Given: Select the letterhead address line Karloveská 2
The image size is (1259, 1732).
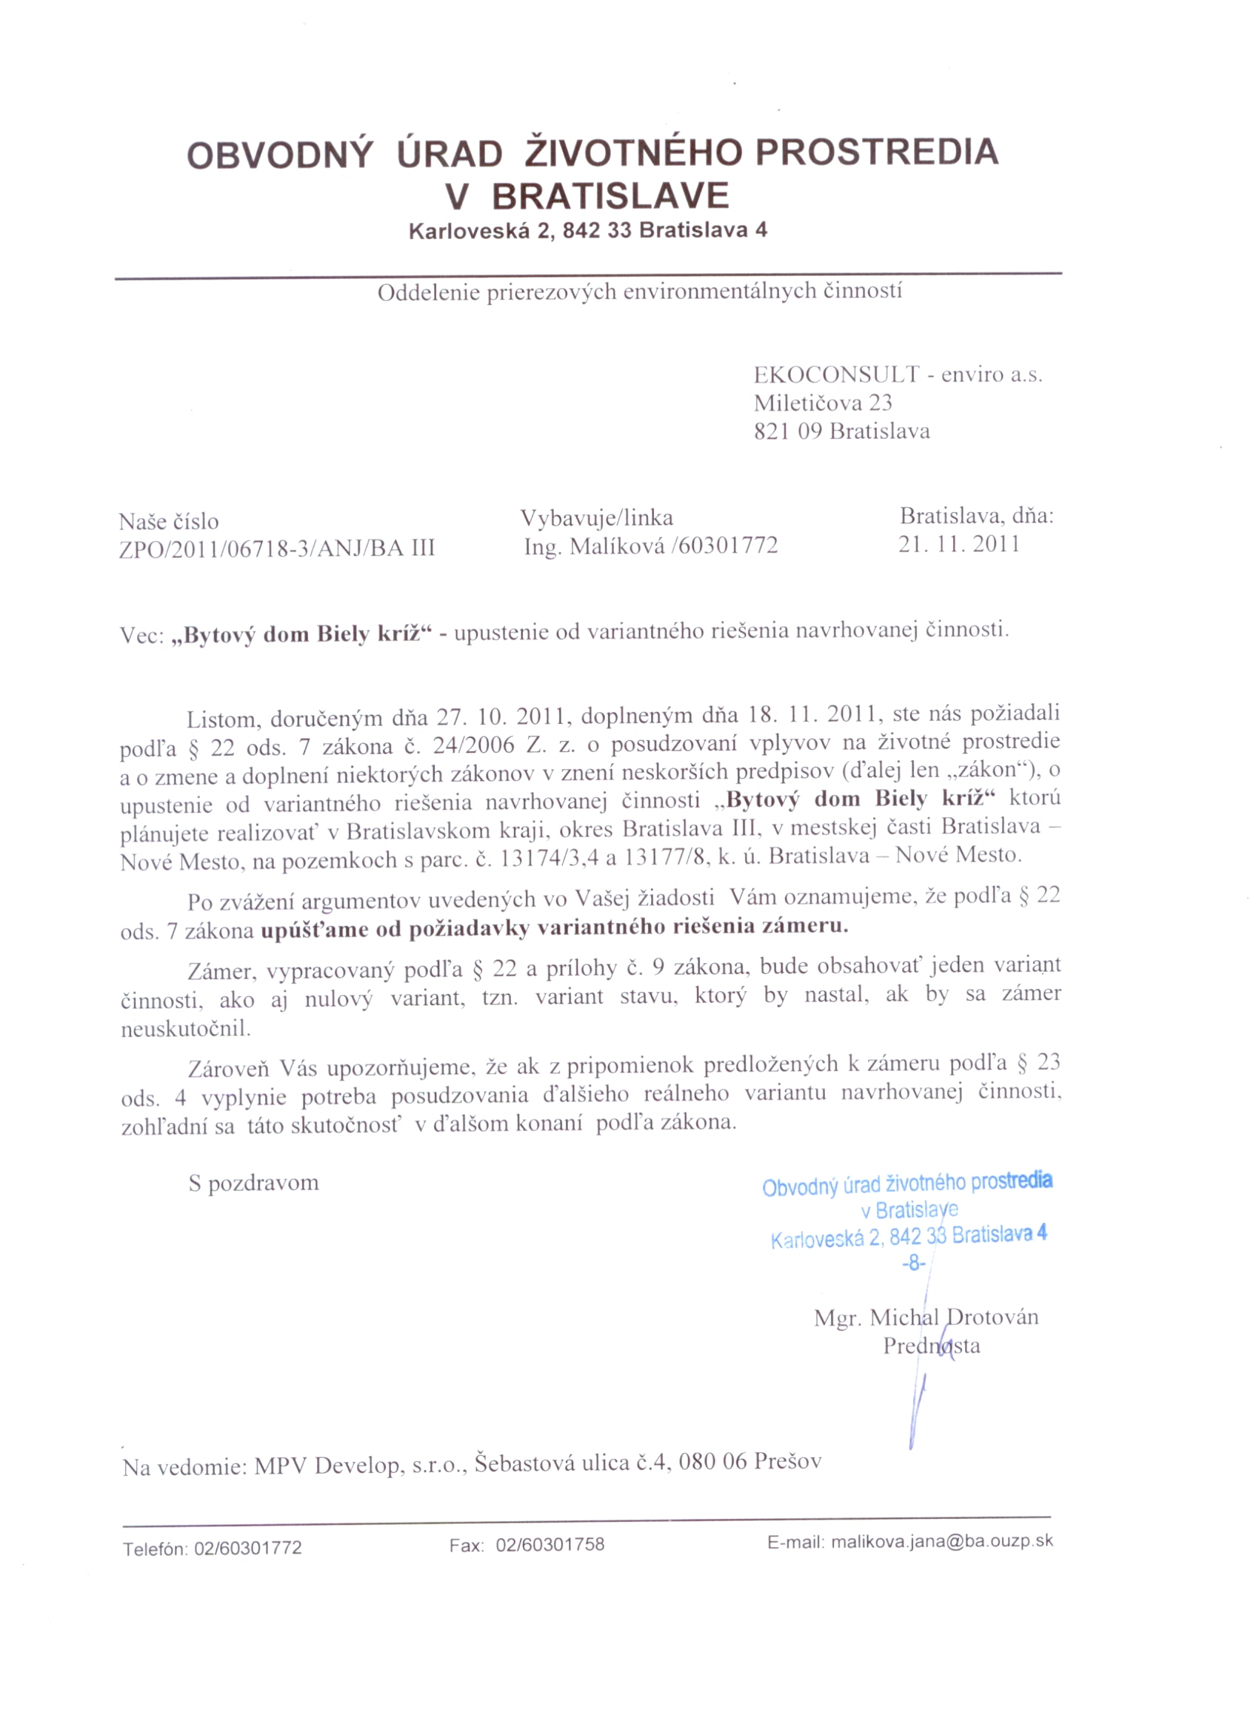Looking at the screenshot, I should (x=473, y=231).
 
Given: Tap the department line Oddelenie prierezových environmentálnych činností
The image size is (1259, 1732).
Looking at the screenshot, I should (x=639, y=291).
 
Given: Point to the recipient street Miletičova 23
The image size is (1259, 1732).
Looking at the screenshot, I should (x=823, y=403).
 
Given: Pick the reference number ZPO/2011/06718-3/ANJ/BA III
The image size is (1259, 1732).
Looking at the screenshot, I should (x=276, y=548).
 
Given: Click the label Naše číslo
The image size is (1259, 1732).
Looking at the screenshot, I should (x=169, y=522).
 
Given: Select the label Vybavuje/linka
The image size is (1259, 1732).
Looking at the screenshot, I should (x=597, y=518).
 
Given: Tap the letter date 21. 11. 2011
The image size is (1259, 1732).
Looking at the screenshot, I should (x=959, y=544).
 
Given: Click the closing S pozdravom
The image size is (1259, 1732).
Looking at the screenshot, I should (x=253, y=1183).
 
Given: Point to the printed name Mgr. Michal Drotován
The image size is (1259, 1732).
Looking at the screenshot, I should (x=926, y=1318).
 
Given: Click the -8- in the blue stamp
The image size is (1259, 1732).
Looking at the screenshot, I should (x=913, y=1263).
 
